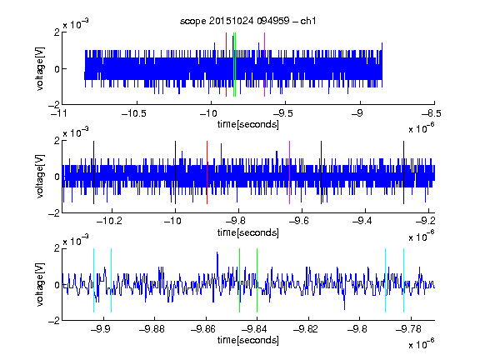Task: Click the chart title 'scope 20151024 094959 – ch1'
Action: click(x=247, y=21)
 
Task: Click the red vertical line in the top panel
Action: click(x=226, y=65)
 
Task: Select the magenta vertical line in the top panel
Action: click(x=264, y=65)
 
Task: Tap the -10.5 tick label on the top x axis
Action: click(x=134, y=113)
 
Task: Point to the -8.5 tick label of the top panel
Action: click(x=432, y=113)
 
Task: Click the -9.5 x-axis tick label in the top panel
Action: click(x=283, y=113)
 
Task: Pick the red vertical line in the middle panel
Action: click(x=207, y=172)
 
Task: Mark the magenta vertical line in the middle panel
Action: click(x=290, y=172)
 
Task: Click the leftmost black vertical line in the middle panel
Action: click(x=93, y=172)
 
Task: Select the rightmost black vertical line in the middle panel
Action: click(x=403, y=172)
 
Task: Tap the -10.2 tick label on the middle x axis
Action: click(x=109, y=221)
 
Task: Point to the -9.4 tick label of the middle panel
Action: click(x=362, y=221)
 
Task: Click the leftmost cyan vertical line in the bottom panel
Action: click(x=93, y=280)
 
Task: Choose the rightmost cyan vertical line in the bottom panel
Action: click(x=403, y=280)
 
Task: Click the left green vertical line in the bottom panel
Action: click(x=239, y=280)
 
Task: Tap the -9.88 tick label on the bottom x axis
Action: click(x=152, y=329)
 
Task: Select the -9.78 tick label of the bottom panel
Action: click(x=408, y=329)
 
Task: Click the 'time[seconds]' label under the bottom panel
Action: click(x=248, y=340)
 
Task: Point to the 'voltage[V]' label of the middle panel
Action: click(x=40, y=177)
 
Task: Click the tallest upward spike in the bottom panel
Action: click(x=217, y=252)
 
